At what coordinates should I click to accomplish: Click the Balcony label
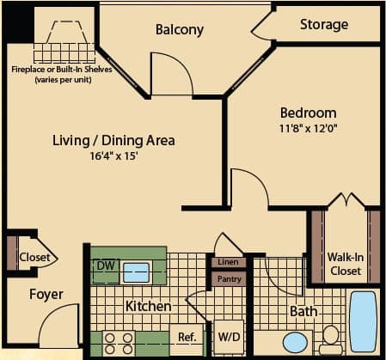point(180,30)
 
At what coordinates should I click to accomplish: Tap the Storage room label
point(324,24)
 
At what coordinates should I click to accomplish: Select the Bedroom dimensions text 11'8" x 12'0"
point(308,129)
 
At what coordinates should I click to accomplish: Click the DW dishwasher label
point(105,267)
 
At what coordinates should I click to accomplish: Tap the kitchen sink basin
point(136,273)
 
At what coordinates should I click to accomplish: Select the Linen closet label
point(229,262)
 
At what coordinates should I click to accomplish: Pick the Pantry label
point(230,278)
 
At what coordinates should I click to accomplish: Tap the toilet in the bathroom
point(330,340)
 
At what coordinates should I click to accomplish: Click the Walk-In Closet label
point(345,262)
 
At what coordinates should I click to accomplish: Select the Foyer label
point(46,295)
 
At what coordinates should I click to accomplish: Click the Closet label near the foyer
point(34,256)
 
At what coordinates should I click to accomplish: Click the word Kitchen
point(148,307)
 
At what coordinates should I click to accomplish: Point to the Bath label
point(303,311)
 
